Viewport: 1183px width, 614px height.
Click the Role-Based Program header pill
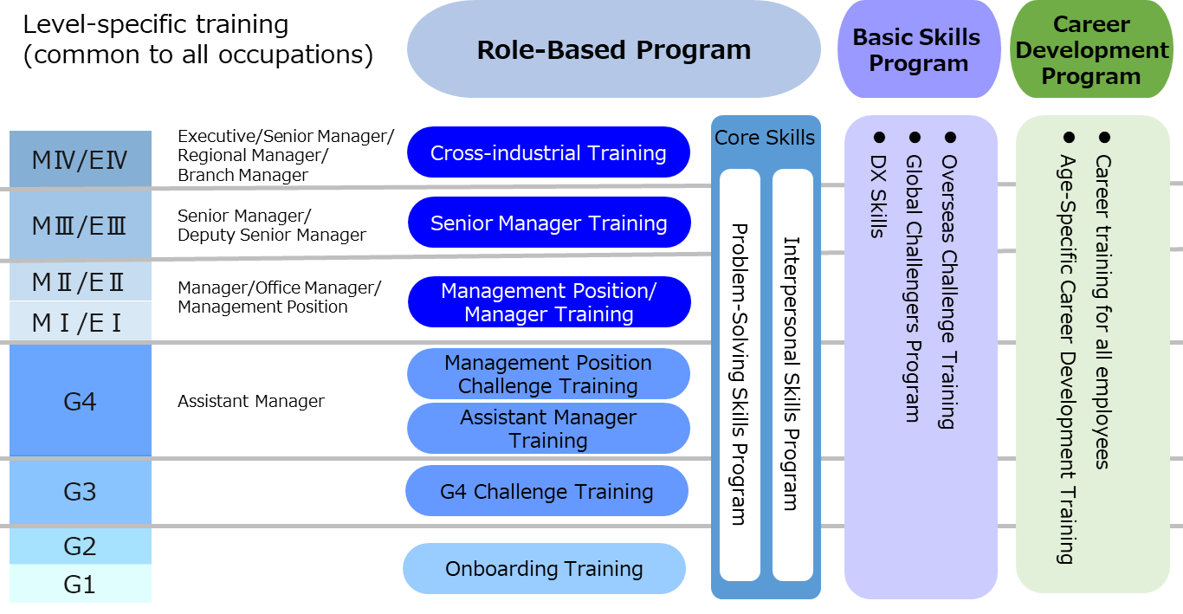(x=614, y=49)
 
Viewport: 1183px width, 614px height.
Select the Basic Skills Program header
(x=919, y=49)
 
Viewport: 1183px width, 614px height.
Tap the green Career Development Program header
(x=1091, y=49)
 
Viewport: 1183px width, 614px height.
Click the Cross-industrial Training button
(x=548, y=152)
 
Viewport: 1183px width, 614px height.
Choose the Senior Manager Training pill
(x=549, y=223)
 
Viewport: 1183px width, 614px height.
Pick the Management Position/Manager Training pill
(x=549, y=302)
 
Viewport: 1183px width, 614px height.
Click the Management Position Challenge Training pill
(x=548, y=374)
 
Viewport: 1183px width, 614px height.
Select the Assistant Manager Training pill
(x=548, y=428)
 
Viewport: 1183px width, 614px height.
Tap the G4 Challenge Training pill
(x=546, y=491)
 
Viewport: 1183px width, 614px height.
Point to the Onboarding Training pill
(x=544, y=569)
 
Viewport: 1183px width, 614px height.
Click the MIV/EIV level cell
(x=81, y=158)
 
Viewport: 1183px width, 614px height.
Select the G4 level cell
(x=81, y=401)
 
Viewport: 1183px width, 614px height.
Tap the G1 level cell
(x=81, y=584)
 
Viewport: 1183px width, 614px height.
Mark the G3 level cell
(x=81, y=492)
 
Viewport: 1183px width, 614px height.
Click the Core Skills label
(x=765, y=138)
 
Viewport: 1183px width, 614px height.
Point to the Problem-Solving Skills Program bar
(x=740, y=375)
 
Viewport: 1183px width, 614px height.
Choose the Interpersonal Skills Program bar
(x=792, y=375)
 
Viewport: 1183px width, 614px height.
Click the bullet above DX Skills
(x=879, y=138)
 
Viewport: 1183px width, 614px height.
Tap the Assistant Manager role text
(x=251, y=401)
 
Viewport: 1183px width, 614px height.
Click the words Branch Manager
(x=243, y=175)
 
